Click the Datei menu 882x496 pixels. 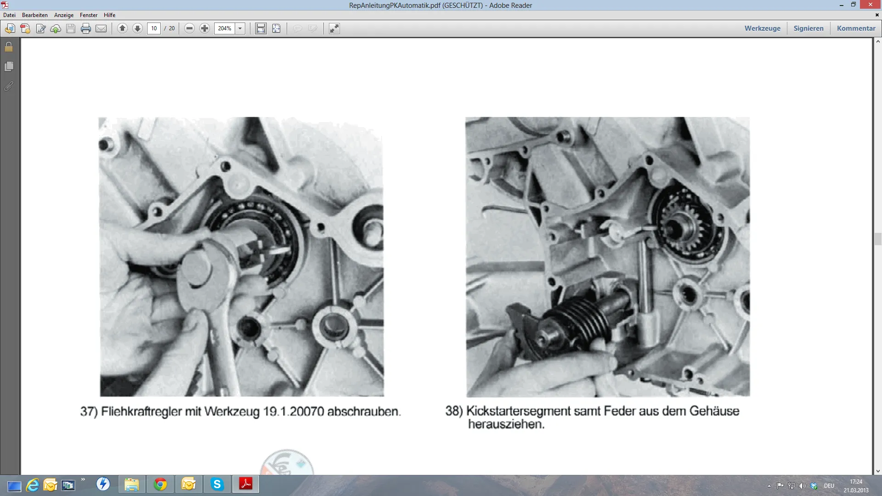(x=9, y=15)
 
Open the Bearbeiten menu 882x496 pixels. (x=35, y=15)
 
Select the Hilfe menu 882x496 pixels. (x=109, y=15)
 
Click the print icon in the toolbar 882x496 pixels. (x=86, y=28)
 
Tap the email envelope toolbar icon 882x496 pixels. (x=101, y=28)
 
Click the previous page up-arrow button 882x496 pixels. (x=122, y=28)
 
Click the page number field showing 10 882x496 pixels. (x=154, y=28)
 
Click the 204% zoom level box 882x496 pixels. (x=225, y=28)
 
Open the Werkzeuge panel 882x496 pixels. (x=763, y=28)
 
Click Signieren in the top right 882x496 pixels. (x=808, y=28)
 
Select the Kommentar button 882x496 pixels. (x=856, y=28)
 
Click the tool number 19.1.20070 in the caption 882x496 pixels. (x=294, y=411)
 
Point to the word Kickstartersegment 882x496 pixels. (x=518, y=411)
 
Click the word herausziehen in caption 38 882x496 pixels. (x=506, y=424)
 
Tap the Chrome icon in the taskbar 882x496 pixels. (x=160, y=484)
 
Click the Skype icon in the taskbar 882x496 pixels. (x=217, y=484)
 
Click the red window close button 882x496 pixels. (x=870, y=5)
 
